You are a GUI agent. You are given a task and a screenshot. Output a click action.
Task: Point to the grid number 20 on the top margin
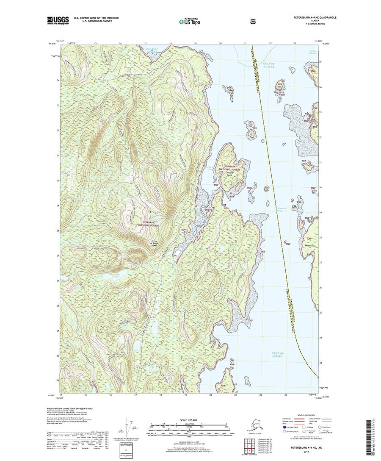coord(220,44)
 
